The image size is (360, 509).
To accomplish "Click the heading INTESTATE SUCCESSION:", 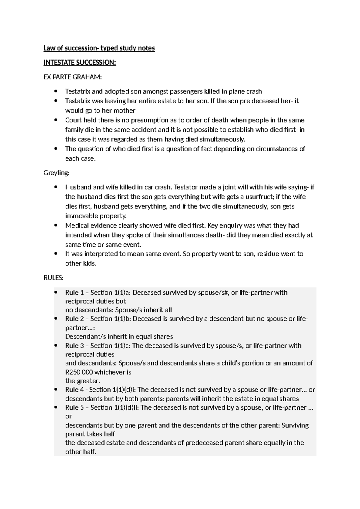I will click(79, 62).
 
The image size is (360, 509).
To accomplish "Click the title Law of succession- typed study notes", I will click(99, 48).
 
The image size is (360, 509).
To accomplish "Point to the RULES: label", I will click(53, 278).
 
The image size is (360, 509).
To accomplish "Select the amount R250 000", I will click(79, 372).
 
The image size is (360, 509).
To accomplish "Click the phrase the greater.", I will click(82, 381).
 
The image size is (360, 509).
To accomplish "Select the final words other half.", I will click(80, 452).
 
